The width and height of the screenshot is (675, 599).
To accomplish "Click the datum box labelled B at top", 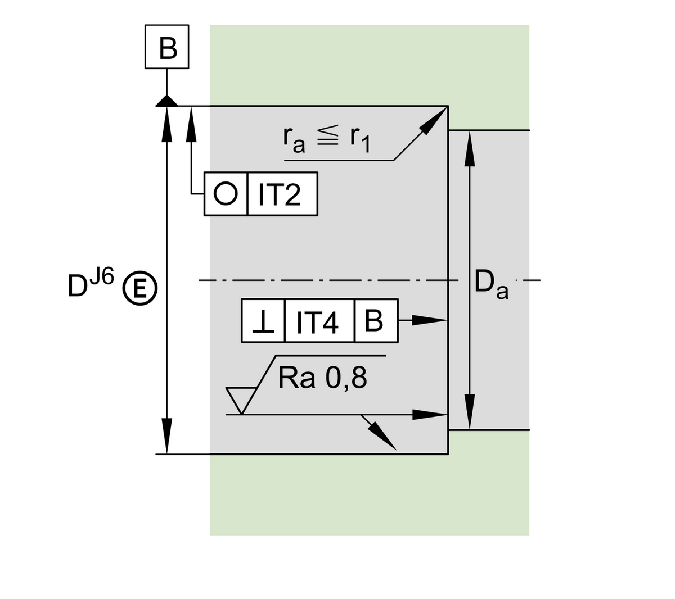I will pyautogui.click(x=167, y=47).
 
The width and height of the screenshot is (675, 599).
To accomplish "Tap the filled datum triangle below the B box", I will pyautogui.click(x=167, y=101).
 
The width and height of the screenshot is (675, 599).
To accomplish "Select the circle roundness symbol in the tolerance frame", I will pyautogui.click(x=226, y=194).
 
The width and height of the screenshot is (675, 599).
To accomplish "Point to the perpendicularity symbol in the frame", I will pyautogui.click(x=263, y=321).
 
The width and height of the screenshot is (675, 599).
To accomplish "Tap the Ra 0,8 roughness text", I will pyautogui.click(x=322, y=379).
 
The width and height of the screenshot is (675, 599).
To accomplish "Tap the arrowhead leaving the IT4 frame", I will pyautogui.click(x=430, y=320).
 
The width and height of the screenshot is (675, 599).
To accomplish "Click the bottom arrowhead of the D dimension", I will pyautogui.click(x=167, y=435).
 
